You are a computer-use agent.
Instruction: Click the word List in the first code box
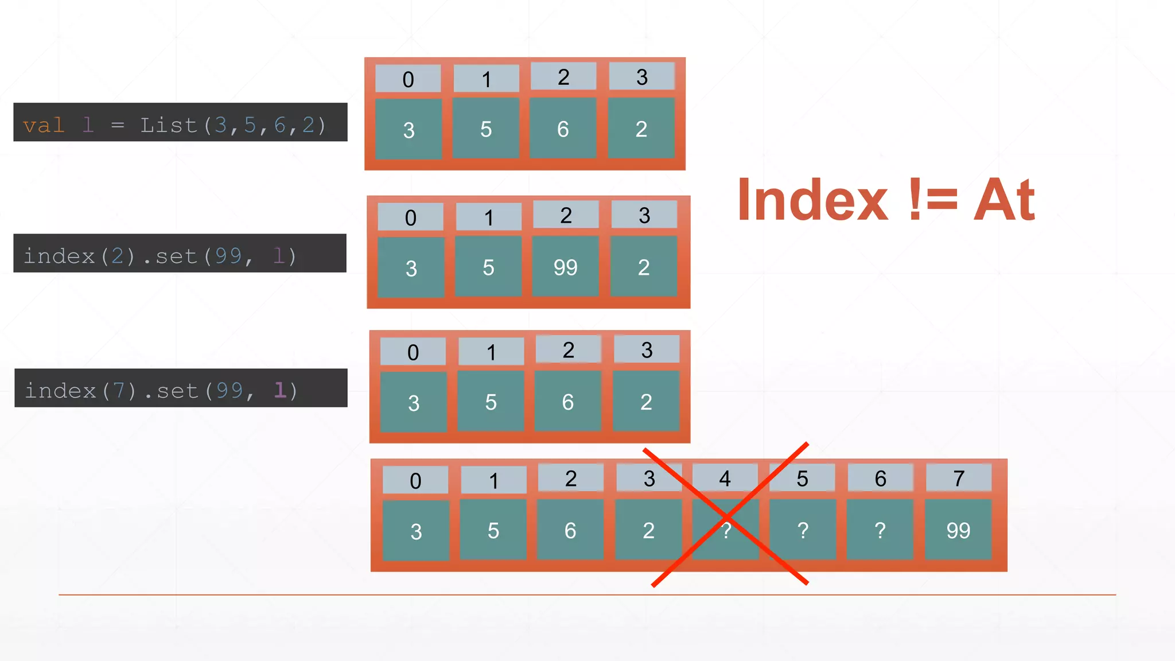168,125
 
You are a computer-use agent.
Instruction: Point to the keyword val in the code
43,125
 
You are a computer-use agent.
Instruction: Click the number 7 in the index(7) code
119,391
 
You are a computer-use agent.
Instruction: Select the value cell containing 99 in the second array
565,267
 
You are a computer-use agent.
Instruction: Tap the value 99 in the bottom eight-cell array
958,530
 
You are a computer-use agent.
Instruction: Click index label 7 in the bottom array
958,478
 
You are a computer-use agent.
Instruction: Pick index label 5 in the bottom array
802,478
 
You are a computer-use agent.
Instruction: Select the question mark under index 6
880,530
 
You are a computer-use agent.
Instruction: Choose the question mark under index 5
803,530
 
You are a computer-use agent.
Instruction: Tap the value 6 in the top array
563,129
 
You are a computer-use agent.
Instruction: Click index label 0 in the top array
408,79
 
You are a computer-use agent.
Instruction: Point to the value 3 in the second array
411,268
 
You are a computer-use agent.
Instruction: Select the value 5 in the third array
491,402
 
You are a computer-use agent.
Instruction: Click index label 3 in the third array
647,350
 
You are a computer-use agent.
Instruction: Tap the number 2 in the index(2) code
118,256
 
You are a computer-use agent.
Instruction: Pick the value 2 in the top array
641,129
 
